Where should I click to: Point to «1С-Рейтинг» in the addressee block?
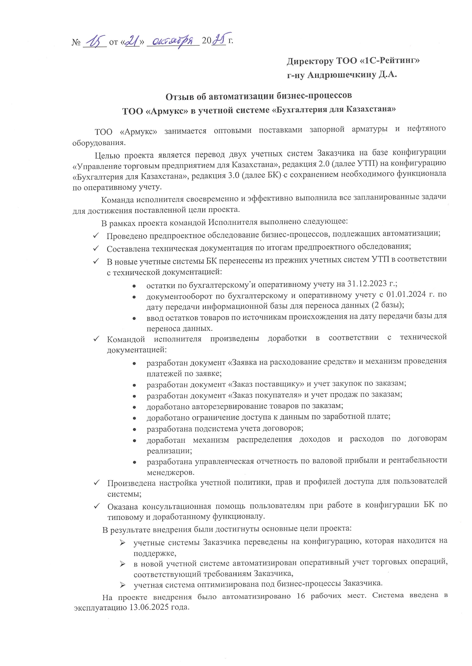(387, 61)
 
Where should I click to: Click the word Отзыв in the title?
(178, 96)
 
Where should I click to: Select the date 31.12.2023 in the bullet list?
(365, 284)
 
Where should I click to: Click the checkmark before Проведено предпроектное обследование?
(97, 235)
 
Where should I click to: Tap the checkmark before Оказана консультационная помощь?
(97, 505)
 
